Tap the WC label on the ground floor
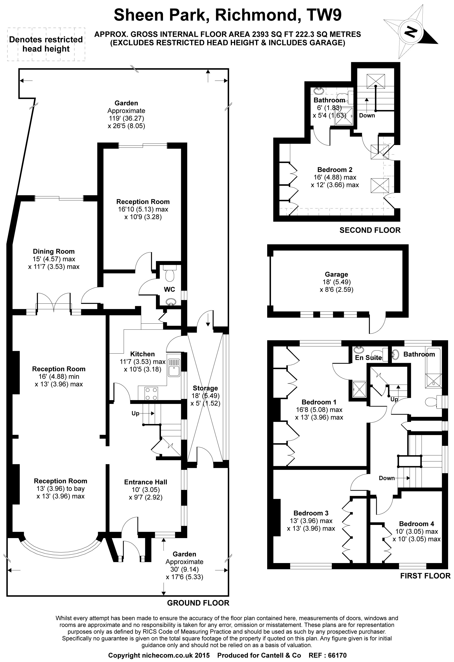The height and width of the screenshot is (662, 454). pos(169,289)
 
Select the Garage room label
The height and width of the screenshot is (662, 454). pos(336,274)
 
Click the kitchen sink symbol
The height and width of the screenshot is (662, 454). pos(174,367)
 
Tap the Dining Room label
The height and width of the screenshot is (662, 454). pos(54,251)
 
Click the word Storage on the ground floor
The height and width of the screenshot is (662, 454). pos(205,388)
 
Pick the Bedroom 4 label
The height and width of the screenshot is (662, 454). pos(416,524)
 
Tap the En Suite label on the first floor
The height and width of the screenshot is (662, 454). pos(368,357)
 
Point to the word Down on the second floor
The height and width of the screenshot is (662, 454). pos(367,115)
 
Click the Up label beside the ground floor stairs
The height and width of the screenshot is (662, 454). pos(135,413)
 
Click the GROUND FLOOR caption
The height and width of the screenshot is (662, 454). pos(198,603)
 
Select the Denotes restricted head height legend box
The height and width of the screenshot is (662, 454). pos(46,44)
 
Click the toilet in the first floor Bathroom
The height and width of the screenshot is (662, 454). pos(431,402)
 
